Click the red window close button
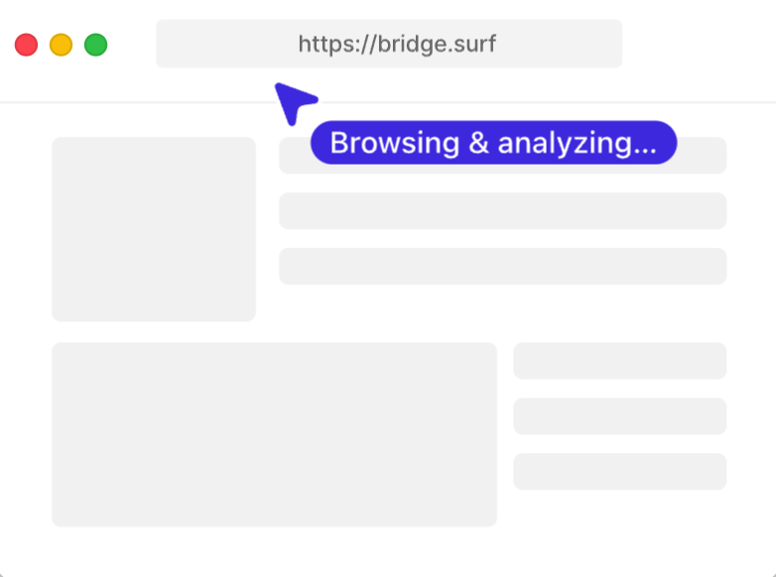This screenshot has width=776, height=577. (x=26, y=45)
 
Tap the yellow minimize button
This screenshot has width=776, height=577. (x=61, y=45)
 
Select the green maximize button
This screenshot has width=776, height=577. (x=95, y=45)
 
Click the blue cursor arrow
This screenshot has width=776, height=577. (x=294, y=103)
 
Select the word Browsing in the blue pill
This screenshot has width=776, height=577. (x=395, y=143)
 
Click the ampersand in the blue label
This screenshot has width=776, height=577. (x=478, y=143)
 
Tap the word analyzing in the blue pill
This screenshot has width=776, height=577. (x=564, y=144)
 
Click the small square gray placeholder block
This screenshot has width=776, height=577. (x=154, y=229)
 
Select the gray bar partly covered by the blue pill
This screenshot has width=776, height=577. (x=503, y=156)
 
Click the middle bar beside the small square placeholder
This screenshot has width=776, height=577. (x=503, y=210)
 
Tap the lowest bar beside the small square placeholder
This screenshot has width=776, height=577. (x=503, y=266)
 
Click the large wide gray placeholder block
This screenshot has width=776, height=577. (x=274, y=434)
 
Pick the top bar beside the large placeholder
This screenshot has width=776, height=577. (x=619, y=361)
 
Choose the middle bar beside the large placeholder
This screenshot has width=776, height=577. (x=619, y=415)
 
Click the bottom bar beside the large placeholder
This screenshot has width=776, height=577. (x=619, y=471)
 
